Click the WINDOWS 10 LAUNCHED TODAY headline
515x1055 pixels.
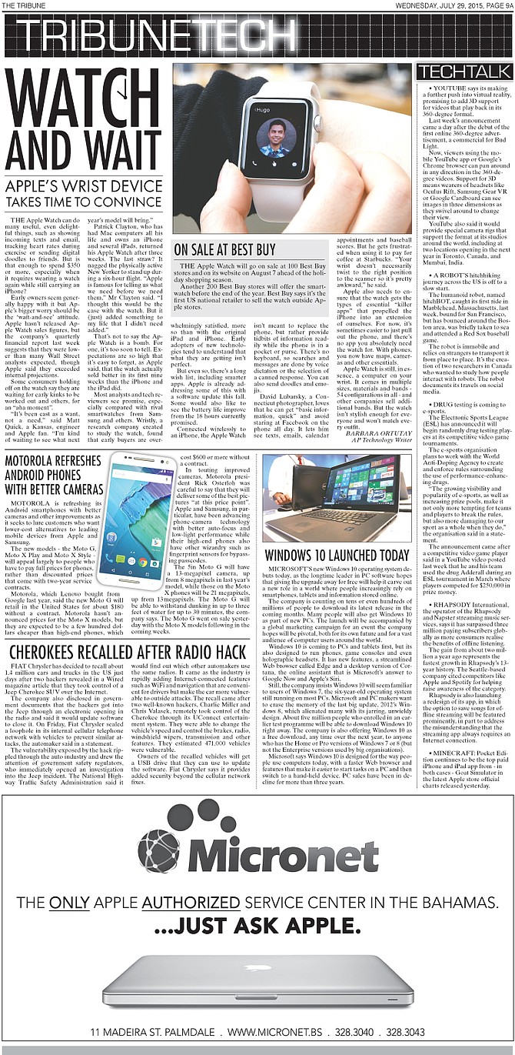[337, 556]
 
